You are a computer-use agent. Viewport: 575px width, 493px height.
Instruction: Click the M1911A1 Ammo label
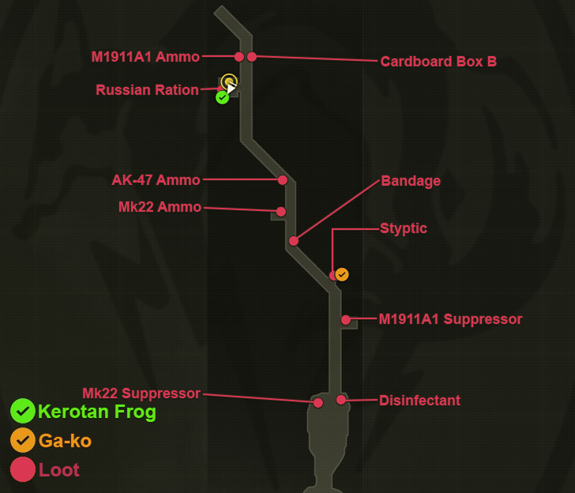coord(145,57)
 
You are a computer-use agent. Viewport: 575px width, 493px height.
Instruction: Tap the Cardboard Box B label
coord(438,62)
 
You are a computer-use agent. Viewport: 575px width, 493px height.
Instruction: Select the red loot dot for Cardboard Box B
coord(252,56)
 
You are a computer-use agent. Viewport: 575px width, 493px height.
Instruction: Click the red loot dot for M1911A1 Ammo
coord(239,56)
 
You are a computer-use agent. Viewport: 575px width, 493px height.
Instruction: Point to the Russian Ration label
coord(147,90)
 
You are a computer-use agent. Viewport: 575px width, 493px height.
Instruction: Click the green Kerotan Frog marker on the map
coord(223,97)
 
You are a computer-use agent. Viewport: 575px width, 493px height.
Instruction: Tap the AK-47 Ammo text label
coord(156,180)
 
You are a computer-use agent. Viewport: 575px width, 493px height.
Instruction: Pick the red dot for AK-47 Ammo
coord(282,180)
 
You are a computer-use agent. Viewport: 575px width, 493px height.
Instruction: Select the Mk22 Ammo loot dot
coord(280,212)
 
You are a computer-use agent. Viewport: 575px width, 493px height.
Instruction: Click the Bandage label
coord(411,181)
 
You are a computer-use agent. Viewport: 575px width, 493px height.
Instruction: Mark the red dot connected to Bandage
coord(293,240)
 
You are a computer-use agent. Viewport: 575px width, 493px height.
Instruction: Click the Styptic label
coord(404,228)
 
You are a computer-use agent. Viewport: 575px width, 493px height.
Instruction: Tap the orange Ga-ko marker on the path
coord(342,274)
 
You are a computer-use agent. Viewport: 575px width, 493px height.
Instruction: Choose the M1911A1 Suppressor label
coord(450,319)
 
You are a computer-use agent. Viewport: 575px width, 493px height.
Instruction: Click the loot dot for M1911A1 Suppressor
coord(346,320)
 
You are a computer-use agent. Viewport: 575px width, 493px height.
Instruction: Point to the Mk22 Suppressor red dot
coord(318,403)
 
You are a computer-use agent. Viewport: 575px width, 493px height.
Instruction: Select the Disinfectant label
coord(419,401)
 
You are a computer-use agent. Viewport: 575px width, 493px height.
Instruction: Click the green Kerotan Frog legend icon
coord(23,411)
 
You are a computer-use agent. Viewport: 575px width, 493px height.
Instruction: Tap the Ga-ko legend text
coord(65,441)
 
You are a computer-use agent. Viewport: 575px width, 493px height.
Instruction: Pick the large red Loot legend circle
coord(23,469)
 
